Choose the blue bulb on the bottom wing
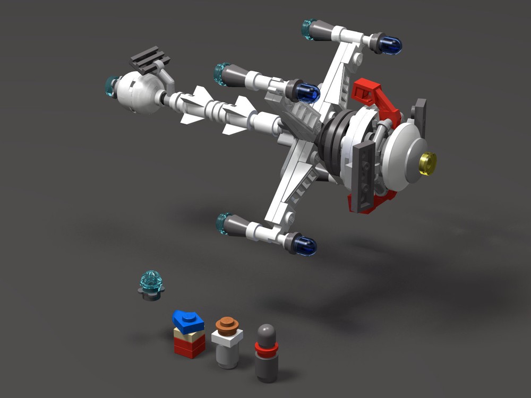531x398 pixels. (x=304, y=244)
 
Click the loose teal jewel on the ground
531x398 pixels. (x=151, y=282)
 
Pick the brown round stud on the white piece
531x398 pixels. (x=227, y=324)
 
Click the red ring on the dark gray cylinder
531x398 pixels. (x=266, y=348)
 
